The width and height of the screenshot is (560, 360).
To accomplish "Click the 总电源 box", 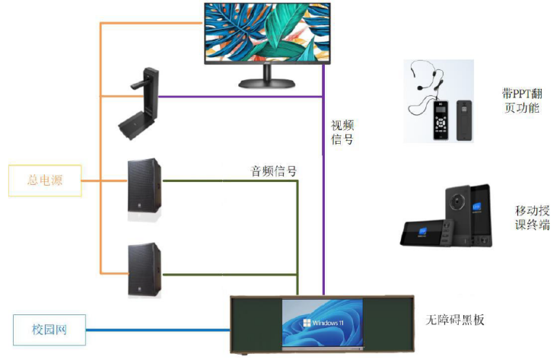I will click(x=45, y=180).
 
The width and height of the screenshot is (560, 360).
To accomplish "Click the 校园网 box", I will click(x=49, y=330).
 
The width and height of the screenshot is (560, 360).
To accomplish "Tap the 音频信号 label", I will click(x=273, y=170).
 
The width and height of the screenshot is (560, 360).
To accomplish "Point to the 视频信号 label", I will click(x=342, y=132).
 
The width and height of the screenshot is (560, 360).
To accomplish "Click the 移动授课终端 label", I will click(x=532, y=217).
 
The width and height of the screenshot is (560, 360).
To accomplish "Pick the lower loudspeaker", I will click(x=145, y=269).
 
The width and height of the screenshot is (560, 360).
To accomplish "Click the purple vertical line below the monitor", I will click(x=325, y=190).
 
